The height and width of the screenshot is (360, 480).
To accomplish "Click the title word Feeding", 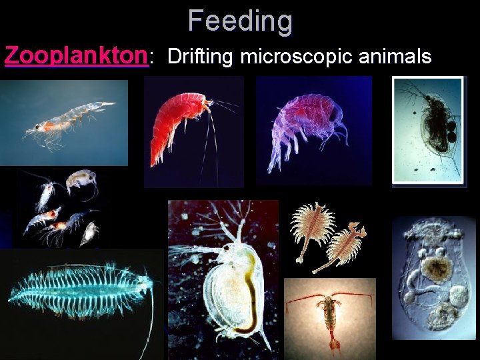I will [240, 21].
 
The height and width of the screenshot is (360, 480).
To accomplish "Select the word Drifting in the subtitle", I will [201, 57].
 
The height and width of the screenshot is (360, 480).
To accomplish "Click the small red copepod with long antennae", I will [330, 317].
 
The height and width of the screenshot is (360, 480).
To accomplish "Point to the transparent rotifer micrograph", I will [434, 273].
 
